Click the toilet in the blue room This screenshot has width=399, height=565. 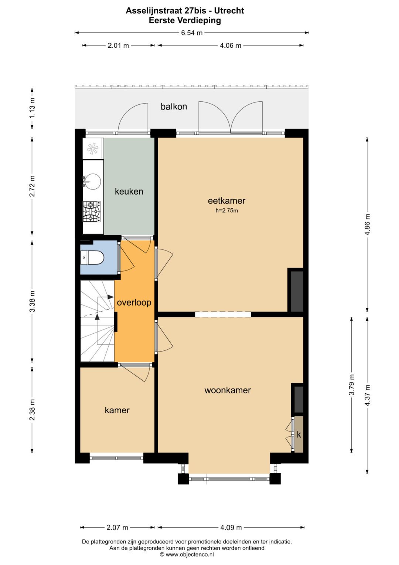pyautogui.click(x=92, y=258)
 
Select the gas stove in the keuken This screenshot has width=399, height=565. pyautogui.click(x=92, y=212)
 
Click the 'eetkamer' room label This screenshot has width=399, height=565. pyautogui.click(x=226, y=201)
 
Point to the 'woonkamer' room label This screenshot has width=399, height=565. pyautogui.click(x=228, y=390)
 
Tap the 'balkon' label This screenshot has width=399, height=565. pyautogui.click(x=174, y=107)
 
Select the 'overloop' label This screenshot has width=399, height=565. pyautogui.click(x=134, y=303)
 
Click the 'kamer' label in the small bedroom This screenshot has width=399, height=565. pyautogui.click(x=117, y=410)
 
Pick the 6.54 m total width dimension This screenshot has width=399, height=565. pyautogui.click(x=192, y=33)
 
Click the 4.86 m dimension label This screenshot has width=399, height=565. pyautogui.click(x=367, y=225)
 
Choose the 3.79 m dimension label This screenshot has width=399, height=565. pyautogui.click(x=351, y=385)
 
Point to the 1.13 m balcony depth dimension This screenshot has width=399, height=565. pyautogui.click(x=32, y=109)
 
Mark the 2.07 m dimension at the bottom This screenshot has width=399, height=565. pyautogui.click(x=117, y=527)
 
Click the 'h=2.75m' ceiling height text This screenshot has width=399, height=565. pyautogui.click(x=227, y=211)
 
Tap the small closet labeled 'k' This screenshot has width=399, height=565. pyautogui.click(x=299, y=434)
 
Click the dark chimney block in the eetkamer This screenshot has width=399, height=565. pyautogui.click(x=297, y=291)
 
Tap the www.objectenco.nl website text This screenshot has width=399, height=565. pyautogui.click(x=190, y=555)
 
